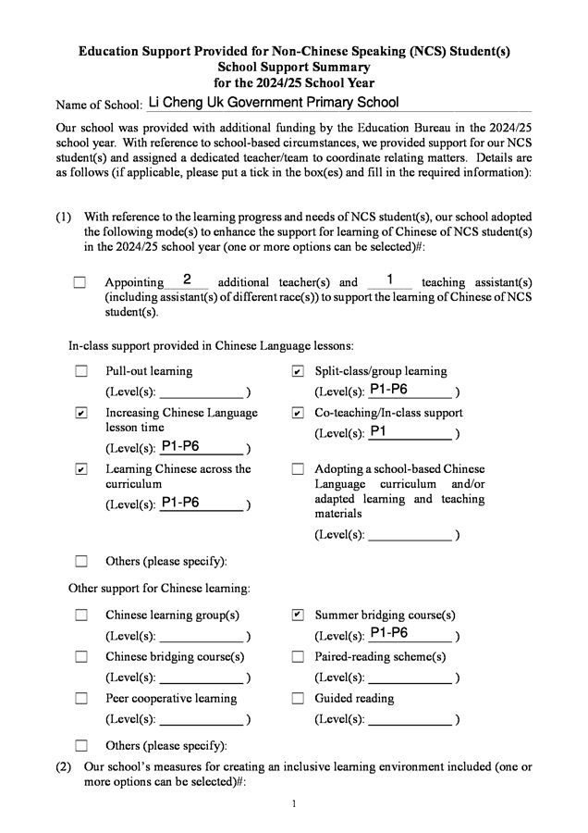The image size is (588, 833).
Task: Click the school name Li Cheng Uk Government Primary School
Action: pyautogui.click(x=274, y=103)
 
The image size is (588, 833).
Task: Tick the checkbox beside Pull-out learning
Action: pyautogui.click(x=81, y=371)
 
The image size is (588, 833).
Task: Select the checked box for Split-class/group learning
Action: pyautogui.click(x=297, y=371)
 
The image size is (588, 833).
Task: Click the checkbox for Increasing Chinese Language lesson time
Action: pyautogui.click(x=81, y=413)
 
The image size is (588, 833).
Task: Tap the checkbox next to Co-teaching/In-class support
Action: pyautogui.click(x=297, y=413)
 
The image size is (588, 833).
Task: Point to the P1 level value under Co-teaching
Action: pyautogui.click(x=378, y=431)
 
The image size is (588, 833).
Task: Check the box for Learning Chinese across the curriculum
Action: pyautogui.click(x=81, y=469)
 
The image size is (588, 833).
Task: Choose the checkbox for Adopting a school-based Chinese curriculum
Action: pyautogui.click(x=297, y=469)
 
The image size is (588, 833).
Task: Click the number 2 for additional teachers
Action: pyautogui.click(x=187, y=280)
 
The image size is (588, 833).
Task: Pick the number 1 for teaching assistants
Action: pyautogui.click(x=390, y=280)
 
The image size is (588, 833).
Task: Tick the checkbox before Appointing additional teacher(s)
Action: pyautogui.click(x=80, y=282)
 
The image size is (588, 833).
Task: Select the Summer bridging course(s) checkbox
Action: pyautogui.click(x=297, y=615)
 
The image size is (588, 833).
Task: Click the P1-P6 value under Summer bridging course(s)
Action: pyautogui.click(x=388, y=633)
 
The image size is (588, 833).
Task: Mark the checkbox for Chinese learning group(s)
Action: pyautogui.click(x=81, y=615)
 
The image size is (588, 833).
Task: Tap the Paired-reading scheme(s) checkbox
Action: pyautogui.click(x=297, y=656)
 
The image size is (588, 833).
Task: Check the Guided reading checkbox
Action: pyautogui.click(x=297, y=698)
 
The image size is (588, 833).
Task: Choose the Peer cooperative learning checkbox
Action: pyautogui.click(x=81, y=698)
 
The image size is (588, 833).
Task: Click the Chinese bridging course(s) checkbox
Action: pyautogui.click(x=81, y=656)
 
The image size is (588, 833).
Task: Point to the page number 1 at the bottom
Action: pyautogui.click(x=294, y=803)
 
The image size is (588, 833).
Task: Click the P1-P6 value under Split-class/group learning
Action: pyautogui.click(x=388, y=390)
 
